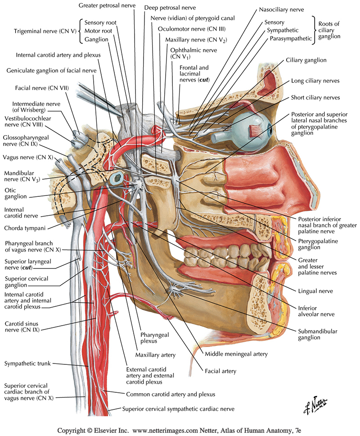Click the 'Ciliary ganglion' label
(306, 60)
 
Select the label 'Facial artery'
(220, 372)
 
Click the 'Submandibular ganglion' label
(318, 334)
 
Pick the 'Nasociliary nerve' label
(282, 9)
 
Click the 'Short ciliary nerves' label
(315, 98)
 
